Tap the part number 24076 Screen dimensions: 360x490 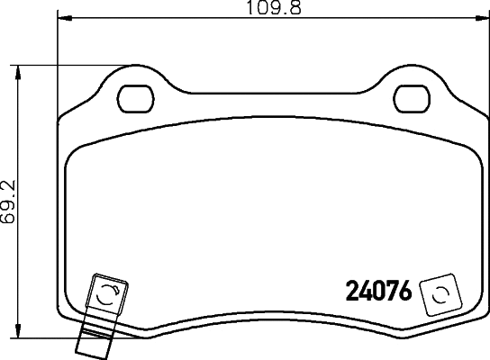coord(379,292)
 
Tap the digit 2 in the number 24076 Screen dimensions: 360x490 coord(353,292)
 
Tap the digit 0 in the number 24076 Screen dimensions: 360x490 coord(379,292)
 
